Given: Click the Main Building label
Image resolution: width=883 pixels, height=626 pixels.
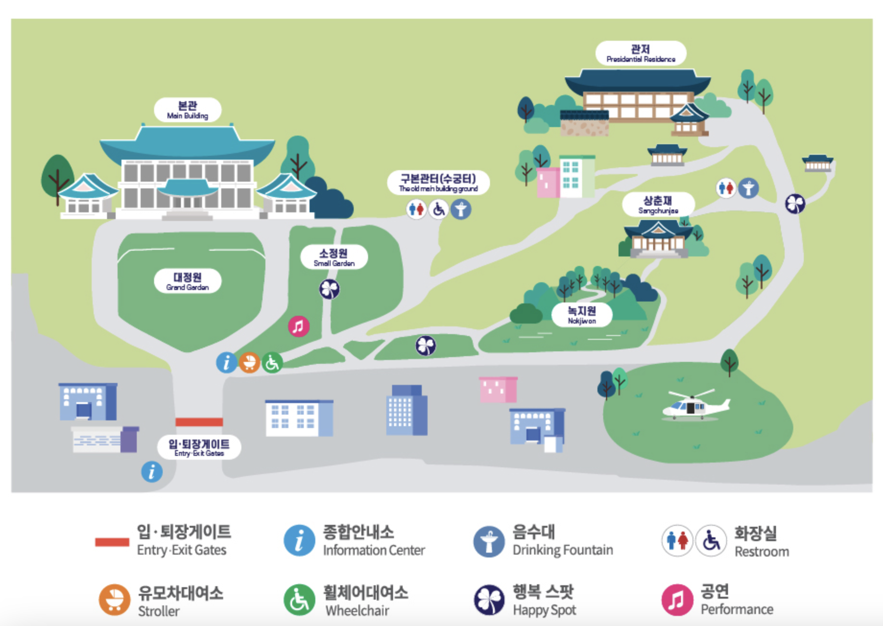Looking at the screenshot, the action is [187, 110].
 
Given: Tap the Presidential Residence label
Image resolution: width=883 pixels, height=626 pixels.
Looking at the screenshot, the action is [641, 53].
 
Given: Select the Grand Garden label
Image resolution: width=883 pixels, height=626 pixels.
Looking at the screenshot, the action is [187, 281].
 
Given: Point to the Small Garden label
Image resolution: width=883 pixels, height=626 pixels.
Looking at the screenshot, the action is [334, 257].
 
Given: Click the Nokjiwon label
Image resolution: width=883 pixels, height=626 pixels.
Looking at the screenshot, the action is [582, 315].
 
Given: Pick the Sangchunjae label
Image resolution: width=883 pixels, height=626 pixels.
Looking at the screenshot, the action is [658, 205].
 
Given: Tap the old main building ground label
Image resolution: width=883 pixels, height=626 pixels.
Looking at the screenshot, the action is [438, 183].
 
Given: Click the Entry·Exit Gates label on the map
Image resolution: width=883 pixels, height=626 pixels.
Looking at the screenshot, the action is [199, 447].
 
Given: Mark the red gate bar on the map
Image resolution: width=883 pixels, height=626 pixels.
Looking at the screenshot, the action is [199, 422].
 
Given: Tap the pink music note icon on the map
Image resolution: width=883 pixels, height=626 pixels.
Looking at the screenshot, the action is [298, 326].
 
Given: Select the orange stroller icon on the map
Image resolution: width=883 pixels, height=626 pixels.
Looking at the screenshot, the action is [249, 362].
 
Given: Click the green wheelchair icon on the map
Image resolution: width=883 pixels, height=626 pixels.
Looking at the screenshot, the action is [272, 362].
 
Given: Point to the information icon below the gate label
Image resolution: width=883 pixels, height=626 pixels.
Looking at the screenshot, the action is [152, 472].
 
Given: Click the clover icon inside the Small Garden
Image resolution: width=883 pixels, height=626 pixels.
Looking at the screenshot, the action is [330, 289].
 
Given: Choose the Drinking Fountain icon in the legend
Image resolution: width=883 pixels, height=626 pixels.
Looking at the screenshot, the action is [489, 542].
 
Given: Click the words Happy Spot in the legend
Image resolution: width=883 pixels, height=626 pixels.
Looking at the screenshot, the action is [544, 610].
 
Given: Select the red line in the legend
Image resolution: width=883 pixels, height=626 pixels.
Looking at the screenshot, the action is [112, 542].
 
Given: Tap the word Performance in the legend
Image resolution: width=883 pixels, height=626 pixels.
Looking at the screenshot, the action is [737, 609].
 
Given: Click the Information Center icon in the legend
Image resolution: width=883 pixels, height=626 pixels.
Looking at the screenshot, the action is [299, 541].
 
